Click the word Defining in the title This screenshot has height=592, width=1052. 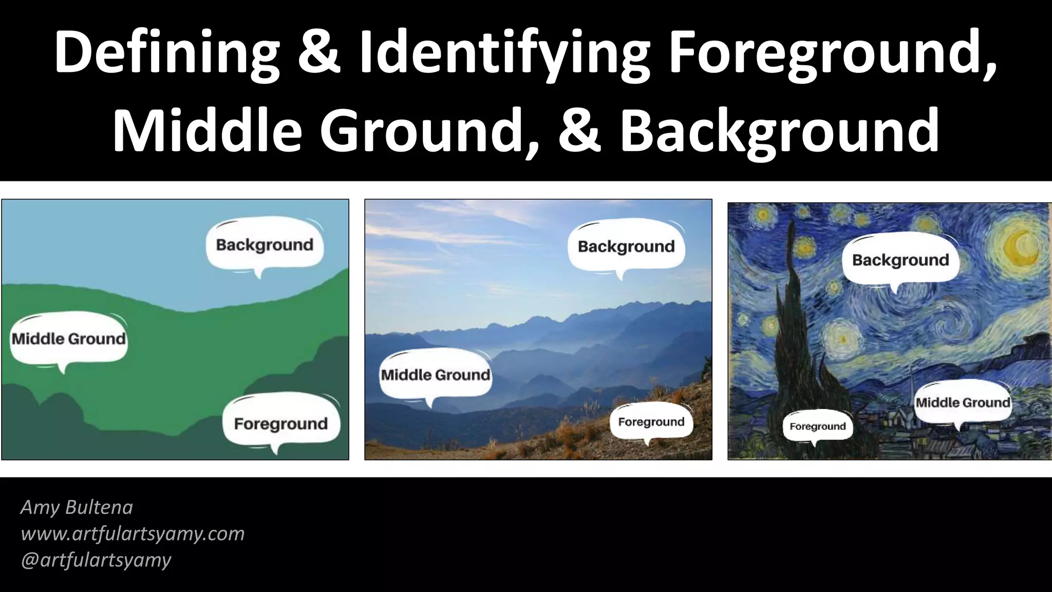pyautogui.click(x=167, y=54)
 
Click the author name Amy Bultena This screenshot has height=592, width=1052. pyautogui.click(x=77, y=507)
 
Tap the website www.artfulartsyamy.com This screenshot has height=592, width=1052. pyautogui.click(x=133, y=533)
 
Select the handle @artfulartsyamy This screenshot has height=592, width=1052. pyautogui.click(x=96, y=560)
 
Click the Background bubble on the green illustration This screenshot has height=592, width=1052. pyautogui.click(x=265, y=245)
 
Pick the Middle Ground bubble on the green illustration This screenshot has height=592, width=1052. pyautogui.click(x=69, y=339)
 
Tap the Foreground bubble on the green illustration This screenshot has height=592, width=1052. pyautogui.click(x=281, y=423)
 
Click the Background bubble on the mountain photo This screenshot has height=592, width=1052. pyautogui.click(x=626, y=246)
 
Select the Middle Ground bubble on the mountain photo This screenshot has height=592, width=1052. pyautogui.click(x=436, y=375)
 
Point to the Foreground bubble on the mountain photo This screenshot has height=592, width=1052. pyautogui.click(x=651, y=422)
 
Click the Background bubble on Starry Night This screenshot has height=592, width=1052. pyautogui.click(x=900, y=260)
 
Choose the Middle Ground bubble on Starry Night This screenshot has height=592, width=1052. pyautogui.click(x=963, y=402)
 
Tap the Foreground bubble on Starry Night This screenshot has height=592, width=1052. pyautogui.click(x=817, y=426)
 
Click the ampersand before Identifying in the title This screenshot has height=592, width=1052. pyautogui.click(x=319, y=54)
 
